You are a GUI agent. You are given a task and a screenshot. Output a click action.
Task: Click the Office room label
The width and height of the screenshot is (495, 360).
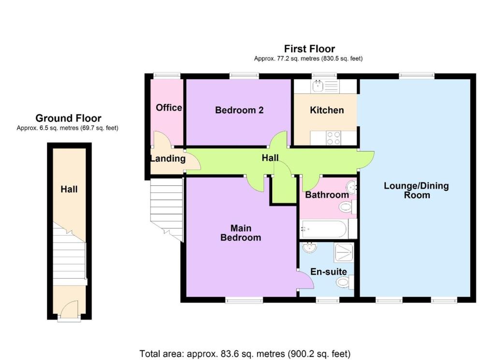coord(169,108)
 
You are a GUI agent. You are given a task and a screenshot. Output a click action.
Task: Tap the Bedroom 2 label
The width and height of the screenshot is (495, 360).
coord(239,110)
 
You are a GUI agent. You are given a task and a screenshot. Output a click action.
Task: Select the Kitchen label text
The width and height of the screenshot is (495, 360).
coord(327,110)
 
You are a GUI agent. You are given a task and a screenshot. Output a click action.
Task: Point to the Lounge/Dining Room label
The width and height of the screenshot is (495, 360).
coord(416,190)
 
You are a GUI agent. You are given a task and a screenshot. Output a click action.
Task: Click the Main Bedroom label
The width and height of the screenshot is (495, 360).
coord(241,233)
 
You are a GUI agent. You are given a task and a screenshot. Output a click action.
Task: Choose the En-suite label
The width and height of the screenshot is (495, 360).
coord(329,272)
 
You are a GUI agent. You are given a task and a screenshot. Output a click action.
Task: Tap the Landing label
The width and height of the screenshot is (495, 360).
coord(168,158)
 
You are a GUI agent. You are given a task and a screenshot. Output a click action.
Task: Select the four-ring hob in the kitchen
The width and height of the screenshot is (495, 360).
coord(334,138)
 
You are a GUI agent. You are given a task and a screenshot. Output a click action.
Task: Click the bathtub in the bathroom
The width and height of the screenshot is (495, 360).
coord(323,229)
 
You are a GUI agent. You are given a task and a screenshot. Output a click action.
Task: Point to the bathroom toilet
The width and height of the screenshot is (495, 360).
coord(347,208)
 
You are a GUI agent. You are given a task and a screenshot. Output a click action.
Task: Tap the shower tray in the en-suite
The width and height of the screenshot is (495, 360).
coord(344,252)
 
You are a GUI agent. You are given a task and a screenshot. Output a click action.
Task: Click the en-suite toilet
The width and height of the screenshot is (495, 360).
coord(345,282)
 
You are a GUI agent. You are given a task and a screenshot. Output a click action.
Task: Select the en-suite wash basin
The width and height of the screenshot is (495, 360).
coord(309,247)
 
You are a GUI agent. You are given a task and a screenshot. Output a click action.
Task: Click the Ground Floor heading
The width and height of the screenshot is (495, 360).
coord(68,118)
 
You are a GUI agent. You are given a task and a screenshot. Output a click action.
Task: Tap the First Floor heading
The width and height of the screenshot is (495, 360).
coord(309,49)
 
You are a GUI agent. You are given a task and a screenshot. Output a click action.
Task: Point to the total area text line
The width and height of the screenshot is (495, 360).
coord(245,353)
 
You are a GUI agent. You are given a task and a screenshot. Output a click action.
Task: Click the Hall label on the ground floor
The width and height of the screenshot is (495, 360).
coord(69,189)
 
